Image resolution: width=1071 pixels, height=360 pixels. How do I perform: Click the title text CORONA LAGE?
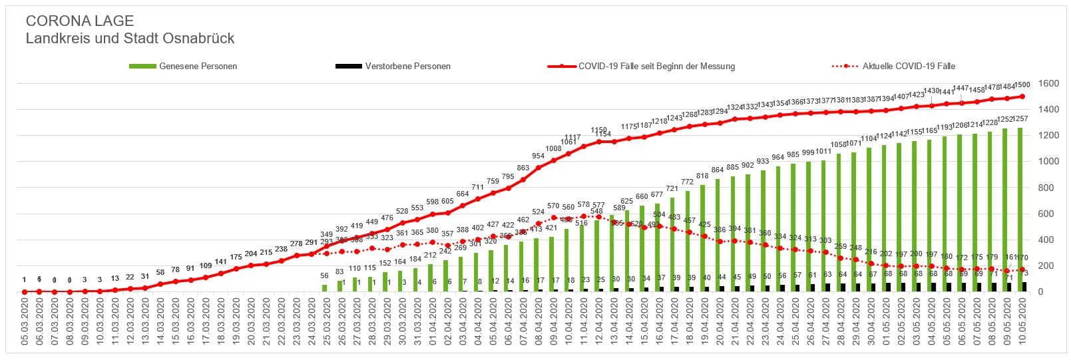tap(79, 21)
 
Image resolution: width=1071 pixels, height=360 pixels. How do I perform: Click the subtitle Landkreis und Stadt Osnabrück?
tap(130, 39)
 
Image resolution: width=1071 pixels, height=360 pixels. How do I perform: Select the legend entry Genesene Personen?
tap(198, 67)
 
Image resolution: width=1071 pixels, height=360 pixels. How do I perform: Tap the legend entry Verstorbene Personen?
tap(407, 67)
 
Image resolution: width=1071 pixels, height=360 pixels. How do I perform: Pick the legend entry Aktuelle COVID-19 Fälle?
tap(909, 67)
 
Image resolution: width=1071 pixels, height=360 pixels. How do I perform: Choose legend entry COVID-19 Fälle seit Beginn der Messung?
tap(656, 67)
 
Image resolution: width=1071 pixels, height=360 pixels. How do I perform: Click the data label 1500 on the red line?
tap(1022, 85)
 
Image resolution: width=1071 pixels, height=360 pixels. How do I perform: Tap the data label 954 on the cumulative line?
tap(538, 156)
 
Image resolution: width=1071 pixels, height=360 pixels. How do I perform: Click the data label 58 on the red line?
tap(160, 272)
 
